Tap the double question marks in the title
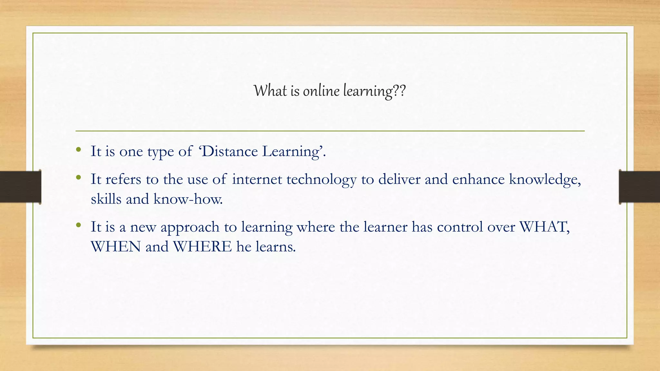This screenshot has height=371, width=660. [x=399, y=91]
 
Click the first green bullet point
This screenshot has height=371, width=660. [x=78, y=149]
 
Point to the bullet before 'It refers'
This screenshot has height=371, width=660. [x=78, y=177]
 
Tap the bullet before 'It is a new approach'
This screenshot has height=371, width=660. [x=78, y=225]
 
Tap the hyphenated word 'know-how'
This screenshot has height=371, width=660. [x=188, y=199]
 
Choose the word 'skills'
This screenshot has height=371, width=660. [x=106, y=199]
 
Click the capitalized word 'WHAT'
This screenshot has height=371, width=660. [x=544, y=227]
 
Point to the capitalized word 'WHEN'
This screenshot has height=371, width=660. [x=116, y=247]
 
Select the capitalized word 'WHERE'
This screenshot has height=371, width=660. [x=202, y=247]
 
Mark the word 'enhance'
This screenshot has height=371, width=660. [x=478, y=179]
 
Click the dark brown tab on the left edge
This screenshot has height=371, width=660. [x=20, y=187]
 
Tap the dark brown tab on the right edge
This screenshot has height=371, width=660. [x=639, y=187]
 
